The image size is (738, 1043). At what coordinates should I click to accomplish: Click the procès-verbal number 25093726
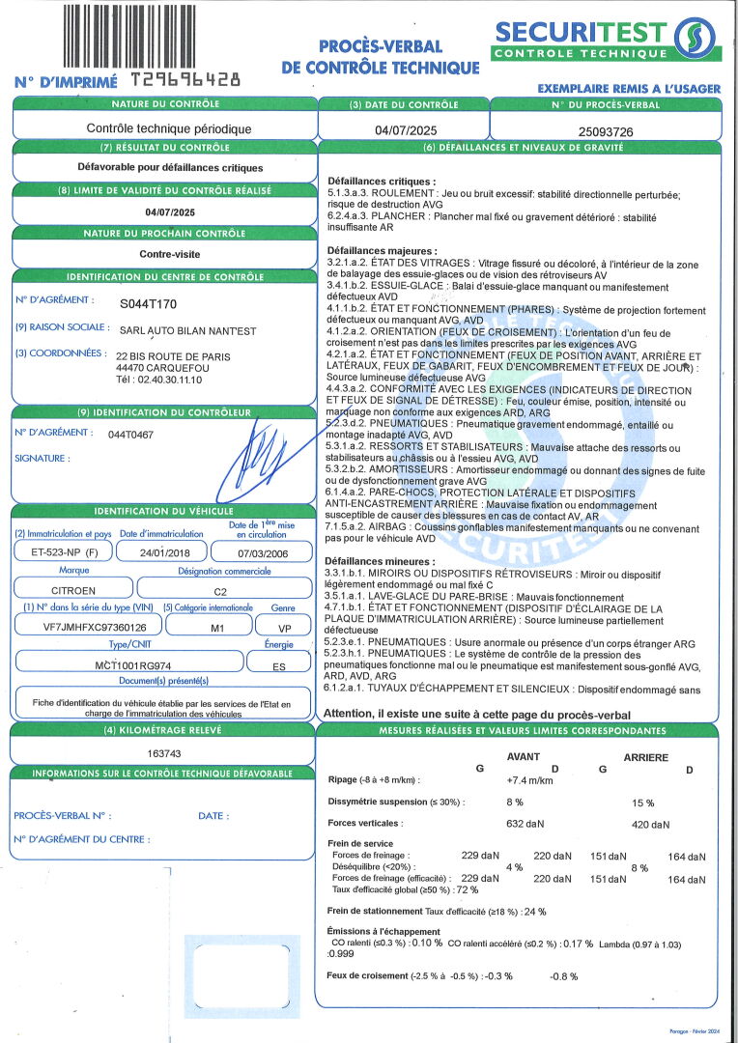(606, 129)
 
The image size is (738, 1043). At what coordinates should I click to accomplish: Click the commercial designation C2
(220, 588)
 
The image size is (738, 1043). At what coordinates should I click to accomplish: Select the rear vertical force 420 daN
(650, 825)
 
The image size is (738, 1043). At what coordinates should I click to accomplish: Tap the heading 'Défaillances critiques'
(382, 181)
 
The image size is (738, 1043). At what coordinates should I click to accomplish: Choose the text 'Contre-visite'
(163, 255)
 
